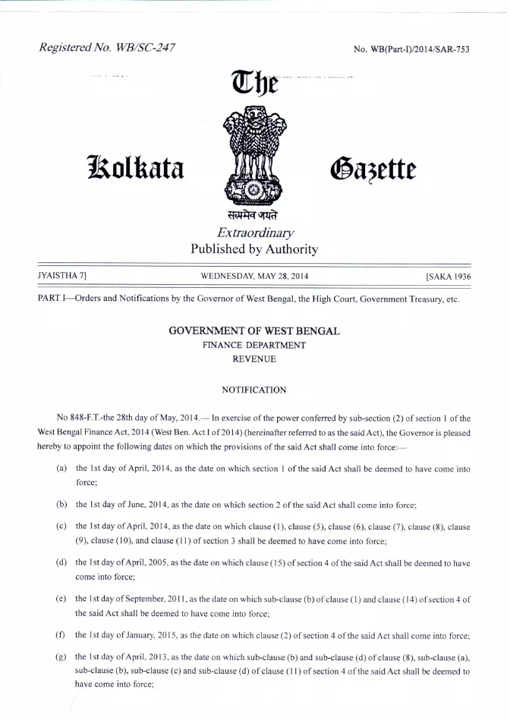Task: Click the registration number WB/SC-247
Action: pyautogui.click(x=107, y=49)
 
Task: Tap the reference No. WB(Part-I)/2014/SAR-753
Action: pyautogui.click(x=411, y=50)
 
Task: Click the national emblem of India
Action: pyautogui.click(x=254, y=155)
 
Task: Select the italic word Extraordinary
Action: pyautogui.click(x=254, y=233)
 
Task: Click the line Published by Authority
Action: pyautogui.click(x=254, y=249)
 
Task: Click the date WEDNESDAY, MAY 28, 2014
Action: pyautogui.click(x=254, y=277)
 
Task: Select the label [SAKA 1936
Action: pyautogui.click(x=449, y=277)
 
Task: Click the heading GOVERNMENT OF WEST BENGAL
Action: pyautogui.click(x=254, y=331)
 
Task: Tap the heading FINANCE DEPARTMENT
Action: pyautogui.click(x=254, y=345)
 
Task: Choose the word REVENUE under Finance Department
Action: pyautogui.click(x=254, y=358)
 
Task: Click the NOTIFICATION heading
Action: pyautogui.click(x=254, y=390)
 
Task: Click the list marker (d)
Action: pyautogui.click(x=61, y=563)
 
